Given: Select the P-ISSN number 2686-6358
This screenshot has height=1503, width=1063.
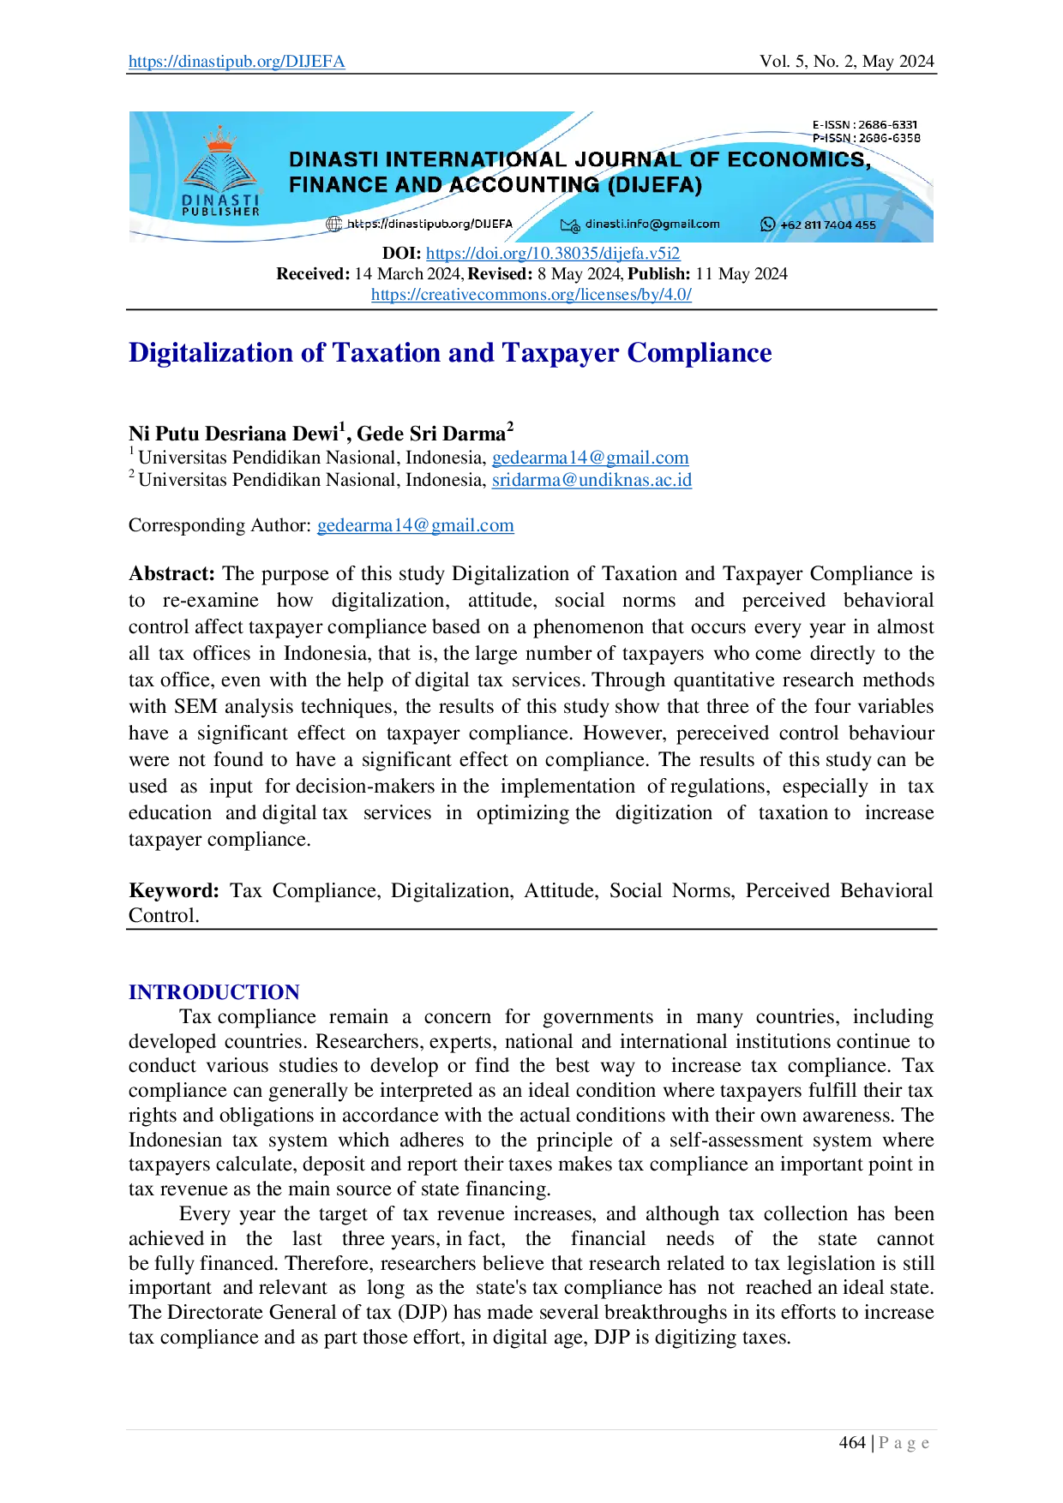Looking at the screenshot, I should pyautogui.click(x=889, y=138).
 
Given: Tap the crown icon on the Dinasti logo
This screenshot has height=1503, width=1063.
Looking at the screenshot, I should pyautogui.click(x=221, y=137).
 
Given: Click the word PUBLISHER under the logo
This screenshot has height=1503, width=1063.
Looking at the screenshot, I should pyautogui.click(x=220, y=212).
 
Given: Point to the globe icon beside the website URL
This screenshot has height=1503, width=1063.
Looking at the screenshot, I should pyautogui.click(x=334, y=225).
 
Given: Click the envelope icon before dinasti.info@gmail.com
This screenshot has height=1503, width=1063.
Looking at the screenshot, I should pyautogui.click(x=570, y=225).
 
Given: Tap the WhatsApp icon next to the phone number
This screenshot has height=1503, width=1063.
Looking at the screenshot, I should pyautogui.click(x=767, y=225).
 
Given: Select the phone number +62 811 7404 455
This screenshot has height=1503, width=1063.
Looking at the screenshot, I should pyautogui.click(x=828, y=225).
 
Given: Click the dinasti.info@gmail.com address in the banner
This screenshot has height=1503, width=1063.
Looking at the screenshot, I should pyautogui.click(x=652, y=225).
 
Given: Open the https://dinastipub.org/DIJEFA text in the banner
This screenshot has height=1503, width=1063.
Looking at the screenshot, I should pyautogui.click(x=429, y=225).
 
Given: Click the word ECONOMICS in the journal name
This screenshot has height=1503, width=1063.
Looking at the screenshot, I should pyautogui.click(x=799, y=160).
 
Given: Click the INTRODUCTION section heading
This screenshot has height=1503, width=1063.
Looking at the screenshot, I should pyautogui.click(x=213, y=991).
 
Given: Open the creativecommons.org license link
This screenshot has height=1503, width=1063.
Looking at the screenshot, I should pyautogui.click(x=531, y=296).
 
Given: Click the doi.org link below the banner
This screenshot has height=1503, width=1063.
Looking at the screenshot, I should pyautogui.click(x=553, y=254).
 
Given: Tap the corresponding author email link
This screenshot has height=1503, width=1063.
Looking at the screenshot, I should pyautogui.click(x=417, y=526).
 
